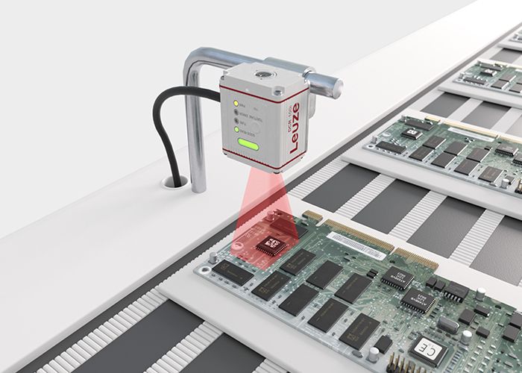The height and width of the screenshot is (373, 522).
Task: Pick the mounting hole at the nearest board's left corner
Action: point(213,257)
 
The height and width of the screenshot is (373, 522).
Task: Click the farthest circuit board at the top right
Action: point(492,75)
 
